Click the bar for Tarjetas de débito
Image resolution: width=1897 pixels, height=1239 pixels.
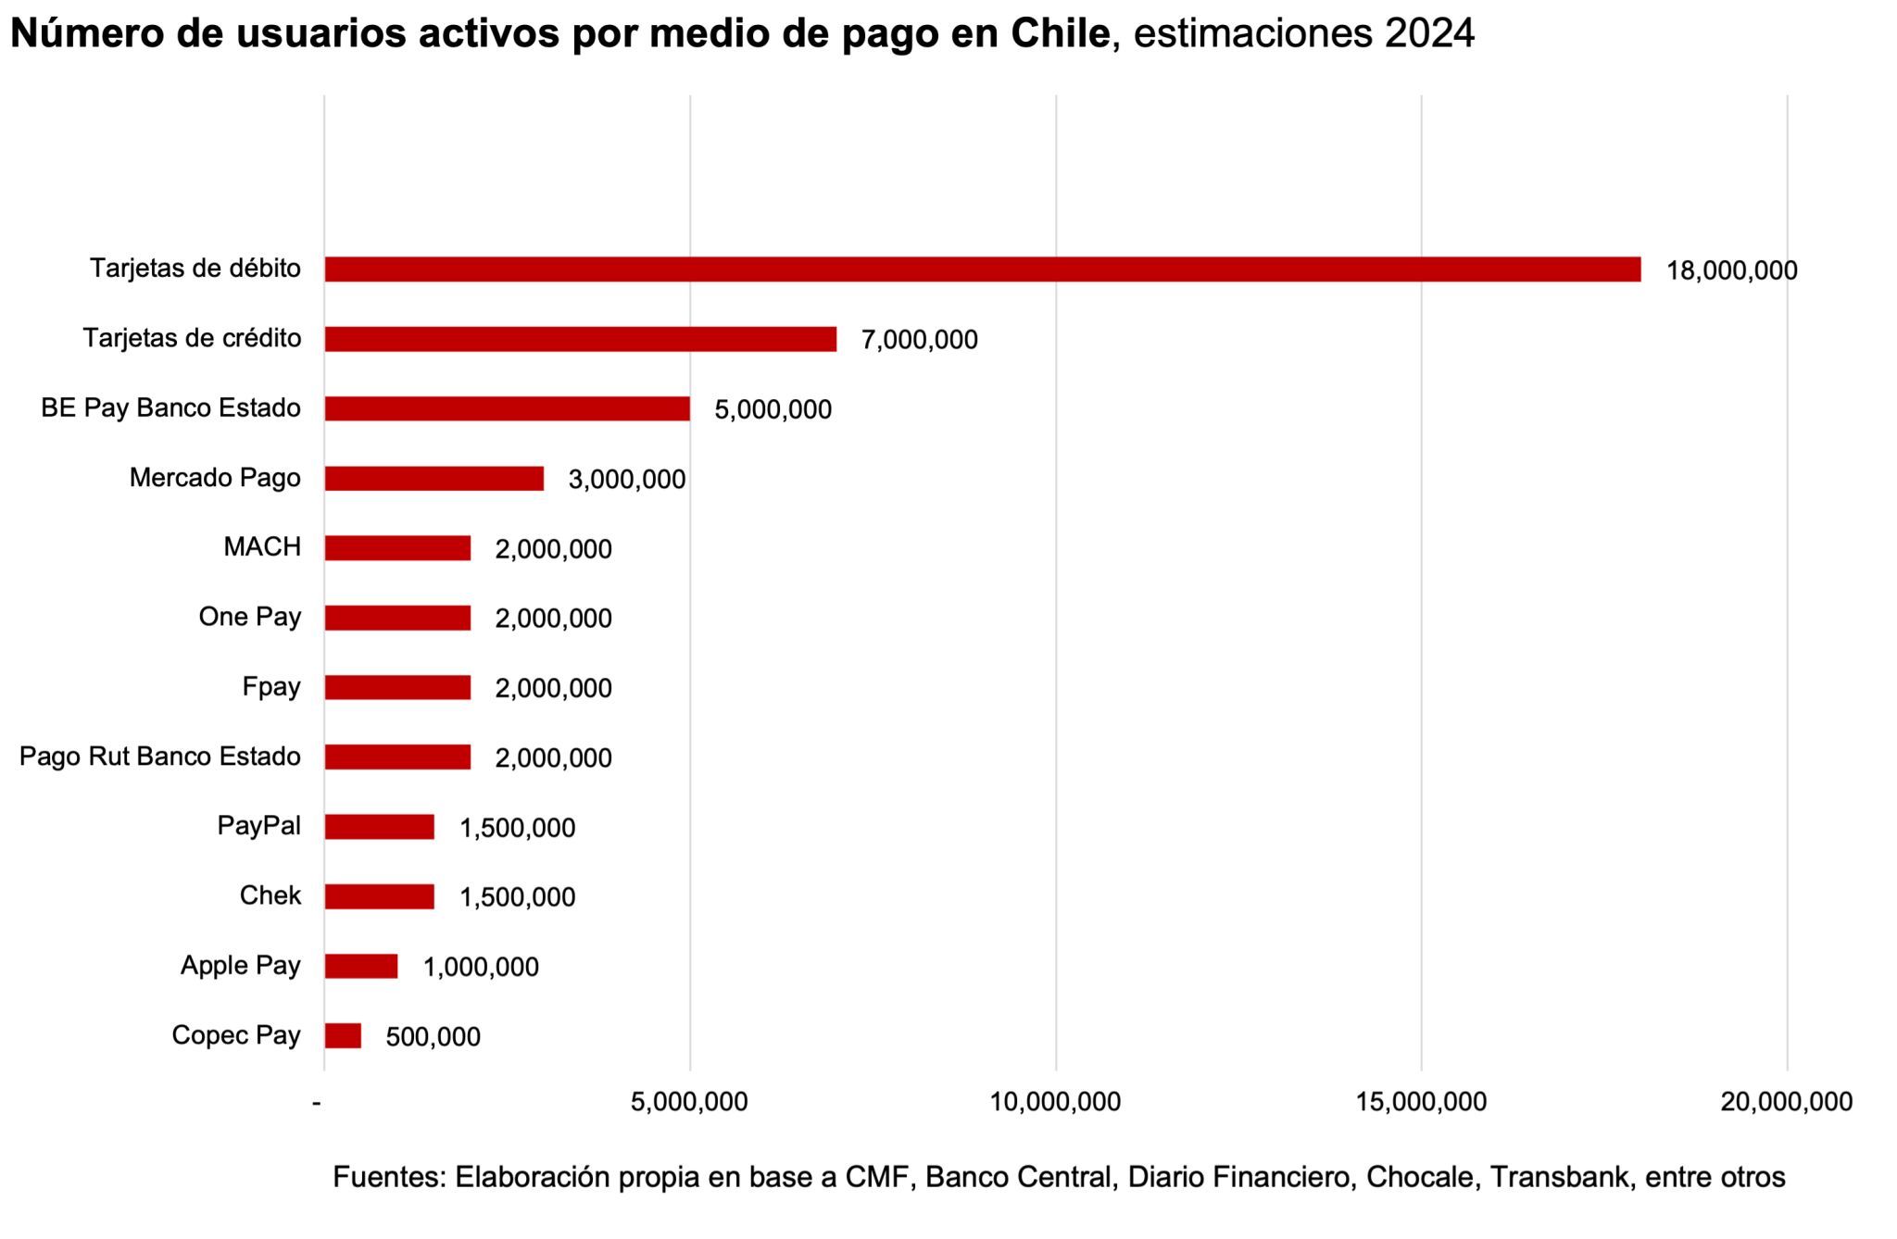tap(982, 269)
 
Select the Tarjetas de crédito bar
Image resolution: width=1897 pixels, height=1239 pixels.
tap(581, 339)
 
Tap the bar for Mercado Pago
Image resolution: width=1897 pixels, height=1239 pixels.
tap(433, 479)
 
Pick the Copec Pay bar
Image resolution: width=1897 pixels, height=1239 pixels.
tap(343, 1035)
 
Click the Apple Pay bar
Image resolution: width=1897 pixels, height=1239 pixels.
tap(361, 966)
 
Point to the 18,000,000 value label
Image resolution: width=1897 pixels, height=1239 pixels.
tap(1731, 271)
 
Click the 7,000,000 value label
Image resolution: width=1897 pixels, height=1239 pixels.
tap(919, 341)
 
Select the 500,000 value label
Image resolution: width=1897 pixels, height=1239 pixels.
tap(433, 1037)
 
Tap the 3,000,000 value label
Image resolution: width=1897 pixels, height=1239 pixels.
tap(626, 480)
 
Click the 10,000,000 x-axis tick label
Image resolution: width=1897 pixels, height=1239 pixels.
tap(1055, 1102)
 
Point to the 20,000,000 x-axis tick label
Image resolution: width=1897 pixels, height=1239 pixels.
tap(1786, 1102)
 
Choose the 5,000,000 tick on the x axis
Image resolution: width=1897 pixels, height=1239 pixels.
tap(689, 1102)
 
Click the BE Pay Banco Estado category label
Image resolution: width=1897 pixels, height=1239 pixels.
tap(170, 408)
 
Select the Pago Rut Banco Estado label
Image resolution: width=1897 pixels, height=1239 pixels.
tap(160, 757)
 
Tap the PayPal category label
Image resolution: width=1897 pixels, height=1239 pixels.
tap(258, 826)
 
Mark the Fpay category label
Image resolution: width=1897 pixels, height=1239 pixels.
tap(270, 687)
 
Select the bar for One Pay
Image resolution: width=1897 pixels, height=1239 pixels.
tap(397, 618)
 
